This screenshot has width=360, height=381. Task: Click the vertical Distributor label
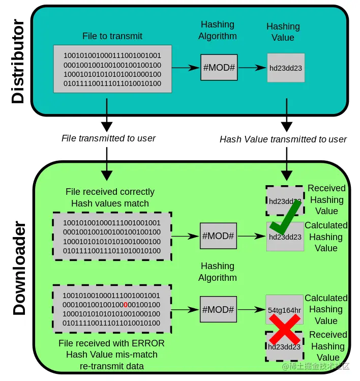coord(18,62)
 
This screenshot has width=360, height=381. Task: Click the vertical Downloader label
coord(19,268)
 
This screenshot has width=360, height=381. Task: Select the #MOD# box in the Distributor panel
coord(219,67)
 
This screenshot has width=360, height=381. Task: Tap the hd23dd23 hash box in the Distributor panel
coord(286,68)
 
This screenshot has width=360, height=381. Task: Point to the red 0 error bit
coord(125,305)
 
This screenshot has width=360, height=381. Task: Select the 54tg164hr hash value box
coord(285,310)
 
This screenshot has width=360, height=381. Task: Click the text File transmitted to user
coord(108,138)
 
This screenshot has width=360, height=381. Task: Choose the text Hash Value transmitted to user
coord(283,139)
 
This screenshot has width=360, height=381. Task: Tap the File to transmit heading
coord(112,36)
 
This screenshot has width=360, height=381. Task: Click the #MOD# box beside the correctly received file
coord(219,236)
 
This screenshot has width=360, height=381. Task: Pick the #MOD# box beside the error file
coord(219,309)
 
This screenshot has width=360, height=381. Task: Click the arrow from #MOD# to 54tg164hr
coord(251,309)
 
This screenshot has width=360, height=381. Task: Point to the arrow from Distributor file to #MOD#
coord(186,67)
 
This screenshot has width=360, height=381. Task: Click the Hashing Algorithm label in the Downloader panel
coord(218,272)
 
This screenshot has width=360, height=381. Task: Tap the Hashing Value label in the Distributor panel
coord(283,32)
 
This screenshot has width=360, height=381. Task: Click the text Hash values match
coord(110,203)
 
